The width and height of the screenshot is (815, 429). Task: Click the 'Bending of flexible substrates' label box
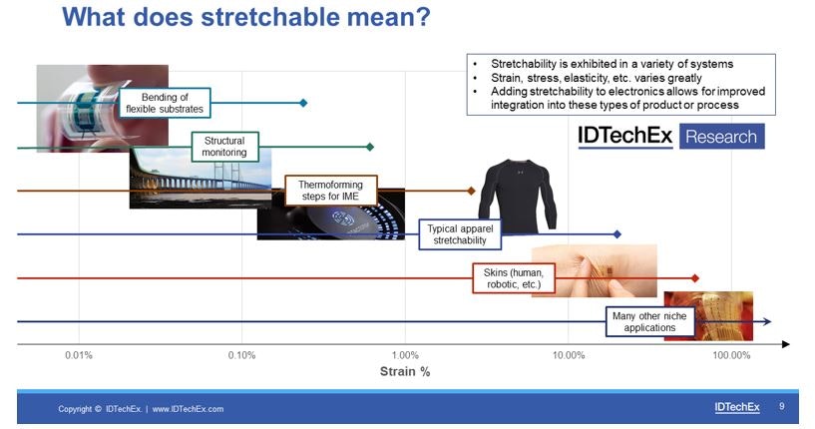(x=165, y=103)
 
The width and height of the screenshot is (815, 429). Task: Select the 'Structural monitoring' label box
(x=224, y=147)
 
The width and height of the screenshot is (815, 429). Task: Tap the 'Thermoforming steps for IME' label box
(x=330, y=191)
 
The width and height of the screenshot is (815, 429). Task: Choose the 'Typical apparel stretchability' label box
(x=460, y=234)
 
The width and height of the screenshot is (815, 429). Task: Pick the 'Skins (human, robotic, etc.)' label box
(x=514, y=278)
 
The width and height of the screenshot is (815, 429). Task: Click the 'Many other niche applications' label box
(x=649, y=322)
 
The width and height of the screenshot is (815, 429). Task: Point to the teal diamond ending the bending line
(x=303, y=103)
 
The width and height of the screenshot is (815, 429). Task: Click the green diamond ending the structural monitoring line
(x=370, y=148)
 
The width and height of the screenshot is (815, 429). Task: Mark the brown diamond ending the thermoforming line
(x=472, y=191)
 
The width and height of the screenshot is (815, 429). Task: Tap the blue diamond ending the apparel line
(x=616, y=234)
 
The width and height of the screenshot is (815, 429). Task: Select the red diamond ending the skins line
(x=695, y=278)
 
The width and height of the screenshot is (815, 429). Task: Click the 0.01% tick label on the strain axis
(x=79, y=355)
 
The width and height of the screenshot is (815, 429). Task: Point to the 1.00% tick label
(x=405, y=355)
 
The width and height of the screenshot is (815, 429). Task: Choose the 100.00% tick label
(x=731, y=355)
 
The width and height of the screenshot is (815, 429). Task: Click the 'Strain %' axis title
(x=405, y=371)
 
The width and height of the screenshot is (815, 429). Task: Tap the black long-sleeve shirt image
(x=518, y=195)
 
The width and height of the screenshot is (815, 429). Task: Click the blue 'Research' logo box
(x=721, y=137)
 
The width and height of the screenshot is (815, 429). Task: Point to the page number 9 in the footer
(x=782, y=406)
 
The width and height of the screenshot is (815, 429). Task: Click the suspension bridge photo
(x=201, y=179)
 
